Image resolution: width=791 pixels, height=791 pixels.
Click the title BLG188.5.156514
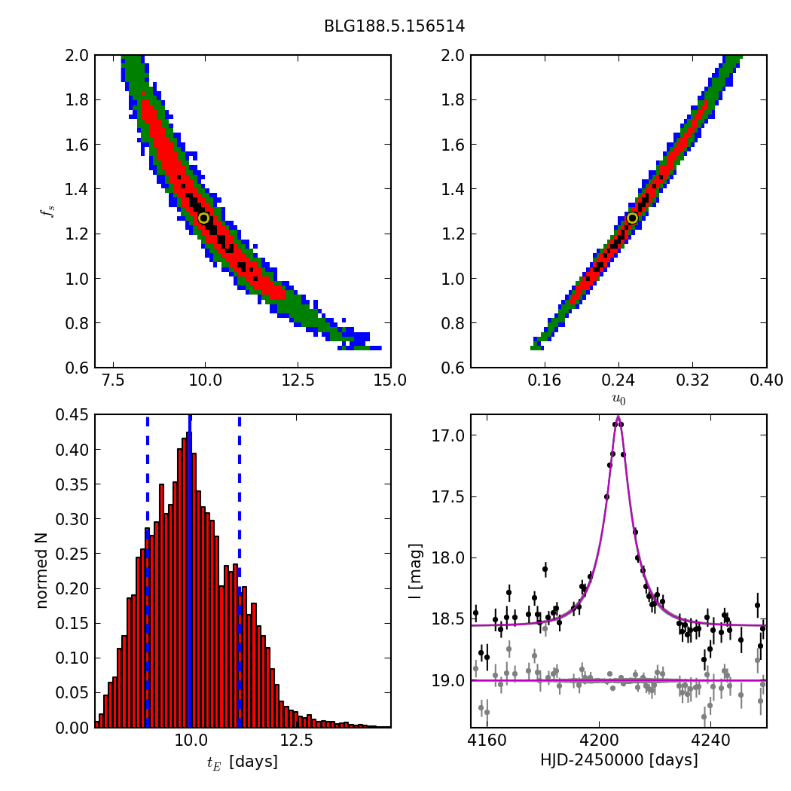(x=394, y=26)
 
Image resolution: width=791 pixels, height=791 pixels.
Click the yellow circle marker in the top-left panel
(x=203, y=218)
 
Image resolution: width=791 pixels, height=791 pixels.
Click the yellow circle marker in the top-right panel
(x=632, y=218)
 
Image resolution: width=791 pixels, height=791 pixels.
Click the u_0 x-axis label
(x=618, y=400)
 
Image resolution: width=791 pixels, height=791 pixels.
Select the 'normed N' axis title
(x=42, y=570)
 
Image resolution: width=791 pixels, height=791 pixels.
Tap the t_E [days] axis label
(x=242, y=762)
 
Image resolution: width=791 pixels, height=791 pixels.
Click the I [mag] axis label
(x=415, y=571)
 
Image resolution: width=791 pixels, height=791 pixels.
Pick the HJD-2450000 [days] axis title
(x=618, y=760)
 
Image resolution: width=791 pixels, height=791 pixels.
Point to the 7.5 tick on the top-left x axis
(x=113, y=380)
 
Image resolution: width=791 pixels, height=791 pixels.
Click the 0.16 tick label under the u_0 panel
(x=545, y=380)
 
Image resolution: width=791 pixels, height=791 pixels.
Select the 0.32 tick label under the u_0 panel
(x=692, y=380)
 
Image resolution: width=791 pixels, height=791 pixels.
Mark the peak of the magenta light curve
(x=618, y=417)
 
